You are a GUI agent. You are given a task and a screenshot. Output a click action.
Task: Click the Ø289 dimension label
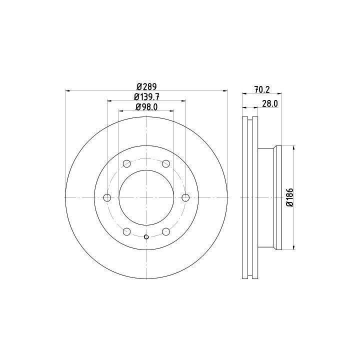click(x=146, y=87)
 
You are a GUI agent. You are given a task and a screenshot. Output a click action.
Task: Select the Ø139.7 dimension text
click(x=146, y=97)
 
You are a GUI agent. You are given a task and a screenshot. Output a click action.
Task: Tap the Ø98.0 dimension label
click(x=146, y=107)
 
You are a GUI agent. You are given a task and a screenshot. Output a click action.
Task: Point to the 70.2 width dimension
click(x=262, y=89)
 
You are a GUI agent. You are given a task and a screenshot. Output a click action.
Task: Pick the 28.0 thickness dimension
click(x=270, y=104)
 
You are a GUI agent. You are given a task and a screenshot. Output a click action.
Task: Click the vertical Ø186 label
click(x=290, y=197)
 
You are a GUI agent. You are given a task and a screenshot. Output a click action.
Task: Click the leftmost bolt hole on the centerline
click(x=107, y=197)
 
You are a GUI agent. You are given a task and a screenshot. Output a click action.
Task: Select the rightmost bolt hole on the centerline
click(x=185, y=197)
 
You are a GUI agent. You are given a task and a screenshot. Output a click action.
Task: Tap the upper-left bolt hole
click(x=126, y=163)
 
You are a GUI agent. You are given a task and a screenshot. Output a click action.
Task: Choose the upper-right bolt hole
click(x=166, y=163)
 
